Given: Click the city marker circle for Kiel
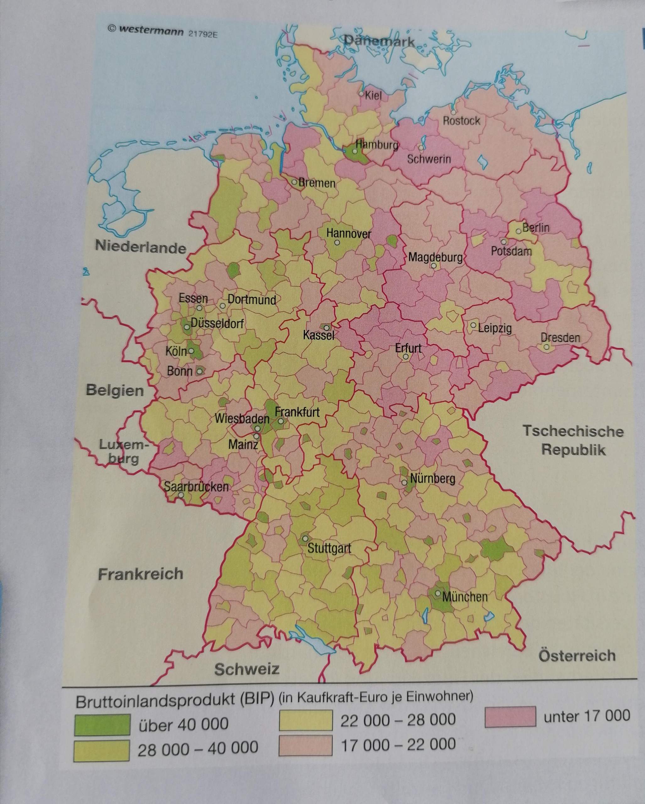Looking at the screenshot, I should tap(361, 94).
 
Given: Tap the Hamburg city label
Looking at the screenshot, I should tap(377, 145).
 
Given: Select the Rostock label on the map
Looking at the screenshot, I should tap(461, 121).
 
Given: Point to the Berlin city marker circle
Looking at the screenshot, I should tap(518, 231).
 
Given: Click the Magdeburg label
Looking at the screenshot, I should tap(435, 257).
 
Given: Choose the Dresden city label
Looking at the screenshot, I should tap(560, 338).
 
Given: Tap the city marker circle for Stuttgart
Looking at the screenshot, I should tap(305, 539).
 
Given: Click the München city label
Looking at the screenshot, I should tap(465, 597).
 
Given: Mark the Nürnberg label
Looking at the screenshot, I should tap(433, 479).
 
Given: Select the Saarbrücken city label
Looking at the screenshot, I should tap(196, 487).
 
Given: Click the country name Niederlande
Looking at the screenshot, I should tap(141, 247).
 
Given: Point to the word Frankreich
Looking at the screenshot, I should tap(141, 574).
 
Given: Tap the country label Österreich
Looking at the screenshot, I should tap(577, 655).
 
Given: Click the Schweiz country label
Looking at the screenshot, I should tap(247, 669).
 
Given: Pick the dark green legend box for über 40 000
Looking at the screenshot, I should tap(102, 725).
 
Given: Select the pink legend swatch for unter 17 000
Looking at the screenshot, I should tap(510, 717).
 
